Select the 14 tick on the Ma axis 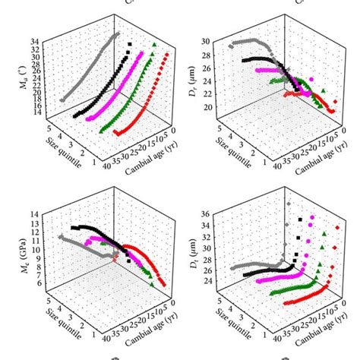[36, 112]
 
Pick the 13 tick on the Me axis [36, 215]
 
